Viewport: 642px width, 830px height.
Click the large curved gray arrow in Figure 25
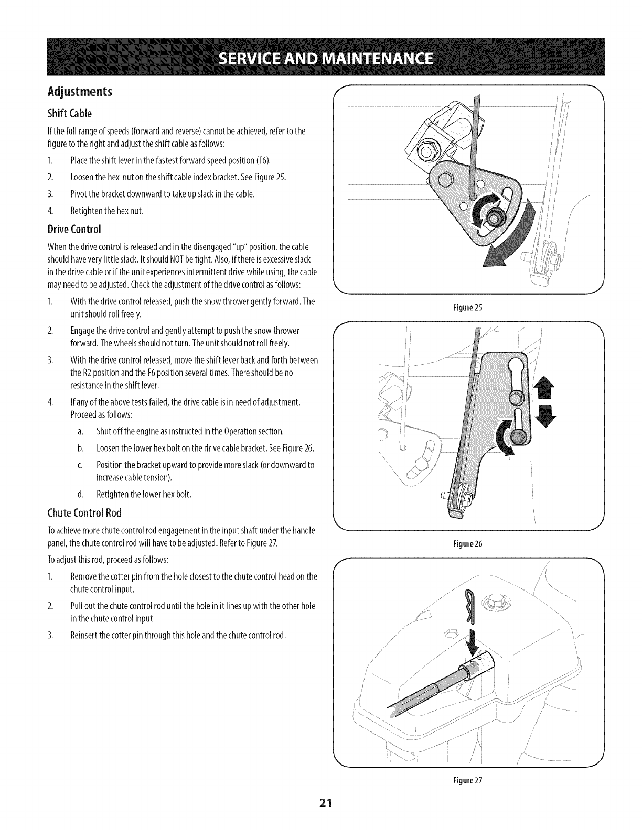pos(517,241)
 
